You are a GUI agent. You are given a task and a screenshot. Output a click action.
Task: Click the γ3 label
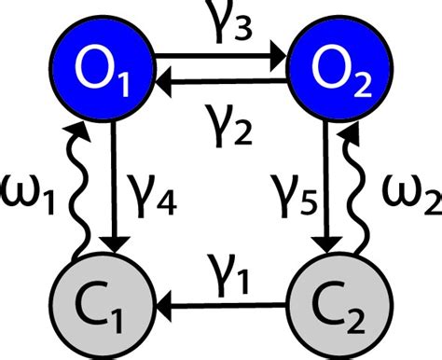tap(222, 21)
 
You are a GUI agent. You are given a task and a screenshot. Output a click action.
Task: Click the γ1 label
tap(222, 270)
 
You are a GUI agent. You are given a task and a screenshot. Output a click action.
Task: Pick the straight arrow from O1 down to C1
tap(115, 187)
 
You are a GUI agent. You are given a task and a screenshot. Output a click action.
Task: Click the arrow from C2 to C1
tap(222, 304)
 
